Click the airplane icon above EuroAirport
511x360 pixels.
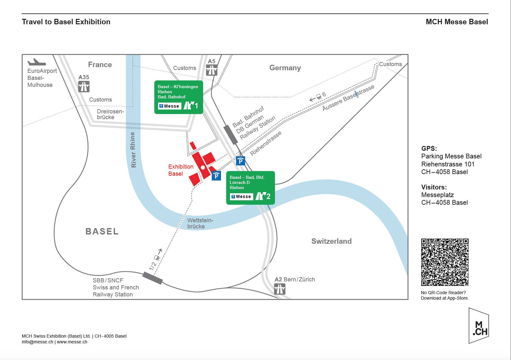click(36, 62)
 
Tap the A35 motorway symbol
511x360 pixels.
click(84, 87)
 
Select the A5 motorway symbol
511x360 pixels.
click(211, 70)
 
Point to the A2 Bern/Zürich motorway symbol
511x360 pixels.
click(279, 289)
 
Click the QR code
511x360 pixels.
click(445, 262)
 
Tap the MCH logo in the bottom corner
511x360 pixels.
click(479, 326)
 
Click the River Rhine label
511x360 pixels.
click(133, 150)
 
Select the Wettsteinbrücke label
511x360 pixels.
click(200, 223)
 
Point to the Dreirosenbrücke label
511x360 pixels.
click(110, 114)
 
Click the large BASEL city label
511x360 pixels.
click(102, 231)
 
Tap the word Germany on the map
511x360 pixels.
click(285, 68)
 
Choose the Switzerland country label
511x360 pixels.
click(331, 241)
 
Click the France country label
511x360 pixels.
click(100, 65)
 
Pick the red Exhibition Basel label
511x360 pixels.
click(180, 170)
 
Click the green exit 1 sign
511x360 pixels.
click(179, 97)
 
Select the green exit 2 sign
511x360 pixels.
click(250, 188)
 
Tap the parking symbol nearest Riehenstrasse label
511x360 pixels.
click(240, 161)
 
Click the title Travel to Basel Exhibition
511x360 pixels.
click(66, 22)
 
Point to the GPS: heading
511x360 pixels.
click(429, 149)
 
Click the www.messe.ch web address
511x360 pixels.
click(72, 342)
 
